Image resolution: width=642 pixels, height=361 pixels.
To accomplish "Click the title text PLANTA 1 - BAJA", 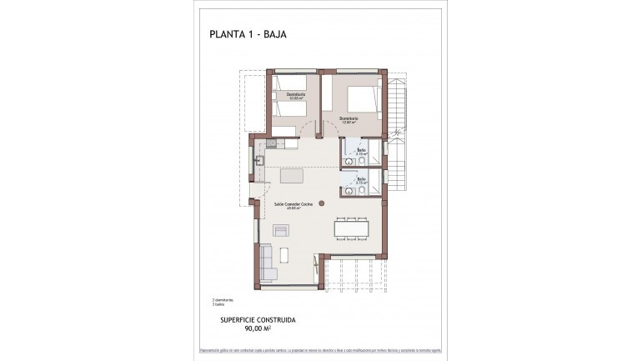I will pyautogui.click(x=248, y=35).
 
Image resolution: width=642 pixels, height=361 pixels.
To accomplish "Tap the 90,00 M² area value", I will pyautogui.click(x=263, y=328).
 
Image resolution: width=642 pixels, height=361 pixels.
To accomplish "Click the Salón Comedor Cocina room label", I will pyautogui.click(x=293, y=204).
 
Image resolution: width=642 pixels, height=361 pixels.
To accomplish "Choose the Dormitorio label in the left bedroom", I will pyautogui.click(x=296, y=95).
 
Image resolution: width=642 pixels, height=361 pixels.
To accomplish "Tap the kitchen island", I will pyautogui.click(x=293, y=177).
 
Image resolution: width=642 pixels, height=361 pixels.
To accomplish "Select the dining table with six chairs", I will pyautogui.click(x=350, y=228).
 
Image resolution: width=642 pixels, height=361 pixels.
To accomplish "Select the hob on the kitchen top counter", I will pyautogui.click(x=279, y=144).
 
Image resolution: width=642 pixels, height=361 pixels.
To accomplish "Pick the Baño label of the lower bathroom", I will pyautogui.click(x=362, y=179).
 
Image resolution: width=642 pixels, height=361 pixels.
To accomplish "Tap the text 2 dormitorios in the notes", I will pyautogui.click(x=223, y=299).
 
